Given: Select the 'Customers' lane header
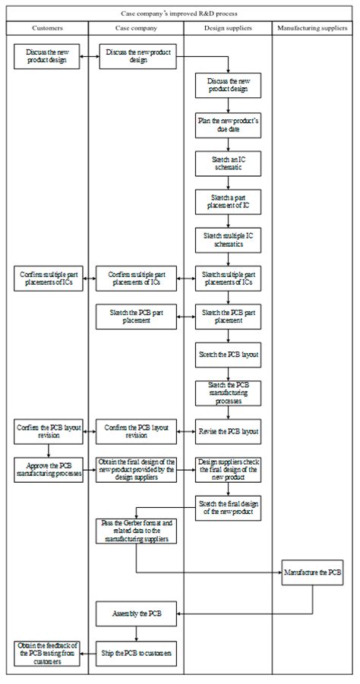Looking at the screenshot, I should [x=47, y=28].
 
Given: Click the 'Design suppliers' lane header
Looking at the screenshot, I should [x=228, y=28].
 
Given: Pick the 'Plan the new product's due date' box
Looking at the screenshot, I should [x=229, y=125].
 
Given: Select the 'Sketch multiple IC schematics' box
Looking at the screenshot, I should [x=229, y=240].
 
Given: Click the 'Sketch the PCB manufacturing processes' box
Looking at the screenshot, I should [x=229, y=392].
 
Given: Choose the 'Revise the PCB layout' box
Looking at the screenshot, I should [x=229, y=431].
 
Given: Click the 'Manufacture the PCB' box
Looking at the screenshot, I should [x=312, y=572].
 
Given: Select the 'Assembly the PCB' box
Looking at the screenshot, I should [x=137, y=612].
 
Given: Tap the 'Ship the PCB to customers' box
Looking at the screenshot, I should [x=137, y=652].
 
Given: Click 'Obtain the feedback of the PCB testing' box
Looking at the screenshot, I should [x=47, y=652].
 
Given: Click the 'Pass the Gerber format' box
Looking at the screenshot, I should [x=137, y=531].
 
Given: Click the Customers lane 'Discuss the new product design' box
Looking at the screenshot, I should [x=47, y=56].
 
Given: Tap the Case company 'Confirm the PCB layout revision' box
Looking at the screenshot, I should [x=137, y=431].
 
